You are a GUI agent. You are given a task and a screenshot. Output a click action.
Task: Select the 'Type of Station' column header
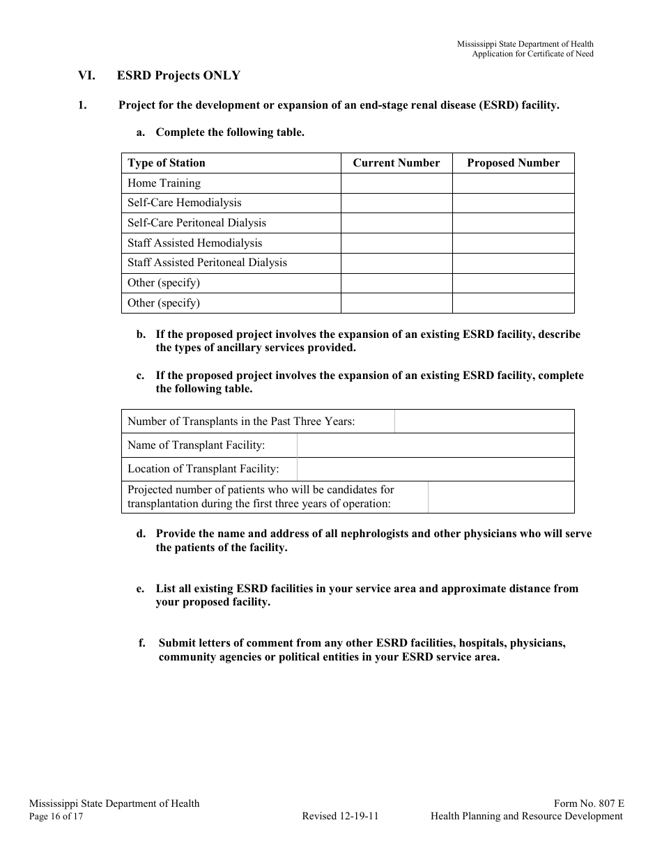tap(167, 163)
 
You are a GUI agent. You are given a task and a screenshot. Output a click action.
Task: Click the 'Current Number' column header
tap(396, 163)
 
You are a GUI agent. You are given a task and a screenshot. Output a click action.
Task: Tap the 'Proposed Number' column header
tap(513, 163)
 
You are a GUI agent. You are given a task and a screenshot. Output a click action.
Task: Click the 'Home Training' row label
tap(164, 183)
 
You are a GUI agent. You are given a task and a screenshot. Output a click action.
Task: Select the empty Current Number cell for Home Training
tap(396, 183)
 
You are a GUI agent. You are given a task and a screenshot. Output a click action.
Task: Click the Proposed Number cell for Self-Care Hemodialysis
tap(513, 203)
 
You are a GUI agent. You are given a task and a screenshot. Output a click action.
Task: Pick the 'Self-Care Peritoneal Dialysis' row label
tap(197, 223)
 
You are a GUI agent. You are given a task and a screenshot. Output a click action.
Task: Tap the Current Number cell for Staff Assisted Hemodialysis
tap(396, 243)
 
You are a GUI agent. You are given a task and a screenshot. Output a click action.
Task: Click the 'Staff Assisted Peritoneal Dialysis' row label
tap(207, 263)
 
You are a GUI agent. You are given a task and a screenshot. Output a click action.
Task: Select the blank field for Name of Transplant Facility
tap(435, 445)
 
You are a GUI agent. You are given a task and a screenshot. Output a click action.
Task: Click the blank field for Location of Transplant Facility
tap(435, 469)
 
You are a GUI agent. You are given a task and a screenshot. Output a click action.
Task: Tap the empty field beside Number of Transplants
tap(484, 422)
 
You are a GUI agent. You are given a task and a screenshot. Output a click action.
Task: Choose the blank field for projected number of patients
tap(500, 497)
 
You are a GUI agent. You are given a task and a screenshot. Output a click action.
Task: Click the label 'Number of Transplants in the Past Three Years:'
tap(241, 422)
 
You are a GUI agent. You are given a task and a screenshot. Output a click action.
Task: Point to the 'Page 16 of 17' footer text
tap(56, 817)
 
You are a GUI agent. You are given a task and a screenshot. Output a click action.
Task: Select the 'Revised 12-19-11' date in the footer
tap(340, 817)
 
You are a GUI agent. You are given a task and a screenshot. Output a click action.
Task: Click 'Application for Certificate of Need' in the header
tap(533, 54)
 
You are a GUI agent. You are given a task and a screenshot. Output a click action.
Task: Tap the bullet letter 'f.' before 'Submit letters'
tap(142, 643)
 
